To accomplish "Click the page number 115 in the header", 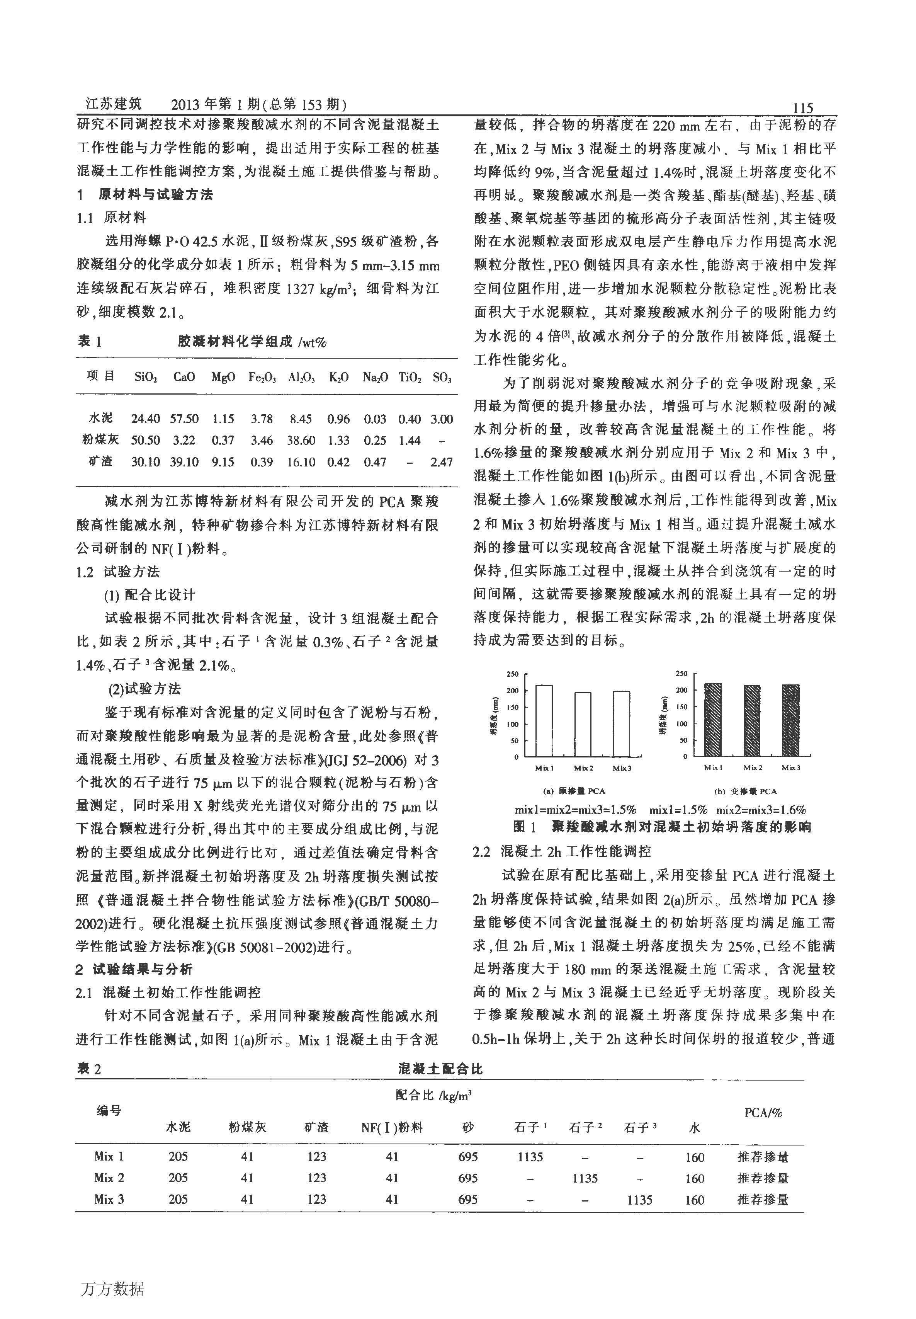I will (802, 108).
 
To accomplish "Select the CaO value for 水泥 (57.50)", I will (184, 419).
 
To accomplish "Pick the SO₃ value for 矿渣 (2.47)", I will (441, 461).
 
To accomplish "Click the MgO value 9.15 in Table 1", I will (223, 461).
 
